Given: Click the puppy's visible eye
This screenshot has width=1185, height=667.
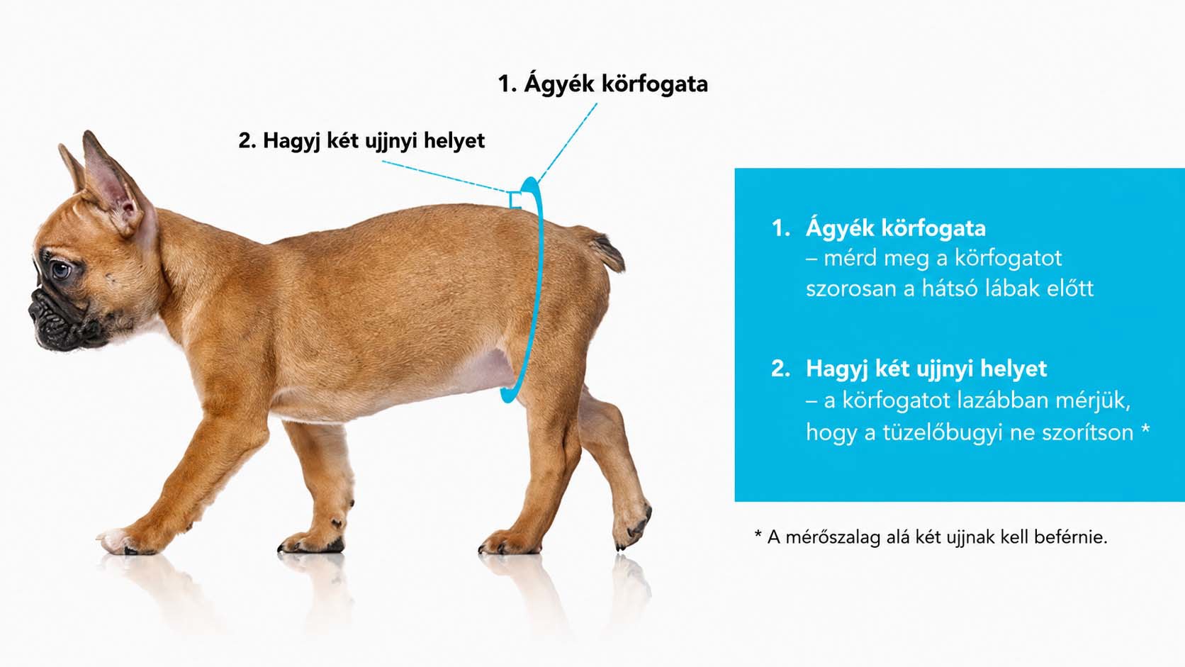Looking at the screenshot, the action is click(61, 270).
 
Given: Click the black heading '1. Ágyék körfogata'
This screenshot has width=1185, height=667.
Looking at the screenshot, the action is click(602, 84).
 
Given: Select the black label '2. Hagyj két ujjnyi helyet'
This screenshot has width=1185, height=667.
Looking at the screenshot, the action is click(361, 141).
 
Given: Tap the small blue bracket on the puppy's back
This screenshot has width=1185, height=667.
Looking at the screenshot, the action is click(514, 200).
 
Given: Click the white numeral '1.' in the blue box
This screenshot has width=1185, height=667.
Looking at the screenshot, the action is click(781, 228).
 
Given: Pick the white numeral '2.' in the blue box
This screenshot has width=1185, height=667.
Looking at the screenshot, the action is click(781, 369).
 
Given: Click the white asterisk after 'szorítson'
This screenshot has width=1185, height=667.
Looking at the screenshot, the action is click(1145, 427).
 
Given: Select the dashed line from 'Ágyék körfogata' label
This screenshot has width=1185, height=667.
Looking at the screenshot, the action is click(568, 142).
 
